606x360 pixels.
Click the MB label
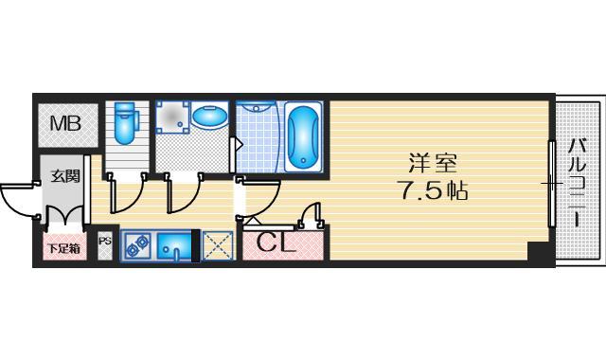click(x=65, y=122)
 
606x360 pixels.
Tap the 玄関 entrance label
click(x=65, y=175)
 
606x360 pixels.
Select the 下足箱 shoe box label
click(x=64, y=248)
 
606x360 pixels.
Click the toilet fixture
click(x=125, y=122)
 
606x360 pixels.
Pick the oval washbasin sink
click(x=209, y=118)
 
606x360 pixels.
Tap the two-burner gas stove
click(x=136, y=244)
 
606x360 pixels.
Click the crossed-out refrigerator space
click(x=217, y=245)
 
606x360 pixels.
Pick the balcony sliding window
click(x=551, y=181)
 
